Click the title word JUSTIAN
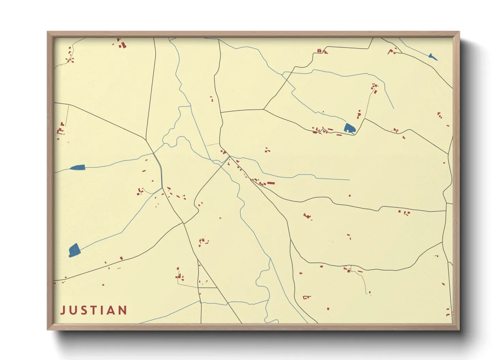94,310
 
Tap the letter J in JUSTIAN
63,310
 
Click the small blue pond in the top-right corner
432,57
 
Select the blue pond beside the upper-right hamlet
349,128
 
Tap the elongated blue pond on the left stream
78,167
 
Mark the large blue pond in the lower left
74,250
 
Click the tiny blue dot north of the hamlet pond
323,112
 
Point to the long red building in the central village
271,183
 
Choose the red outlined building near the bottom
306,297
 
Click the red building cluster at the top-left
122,44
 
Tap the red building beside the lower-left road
121,258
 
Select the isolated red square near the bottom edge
328,309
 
